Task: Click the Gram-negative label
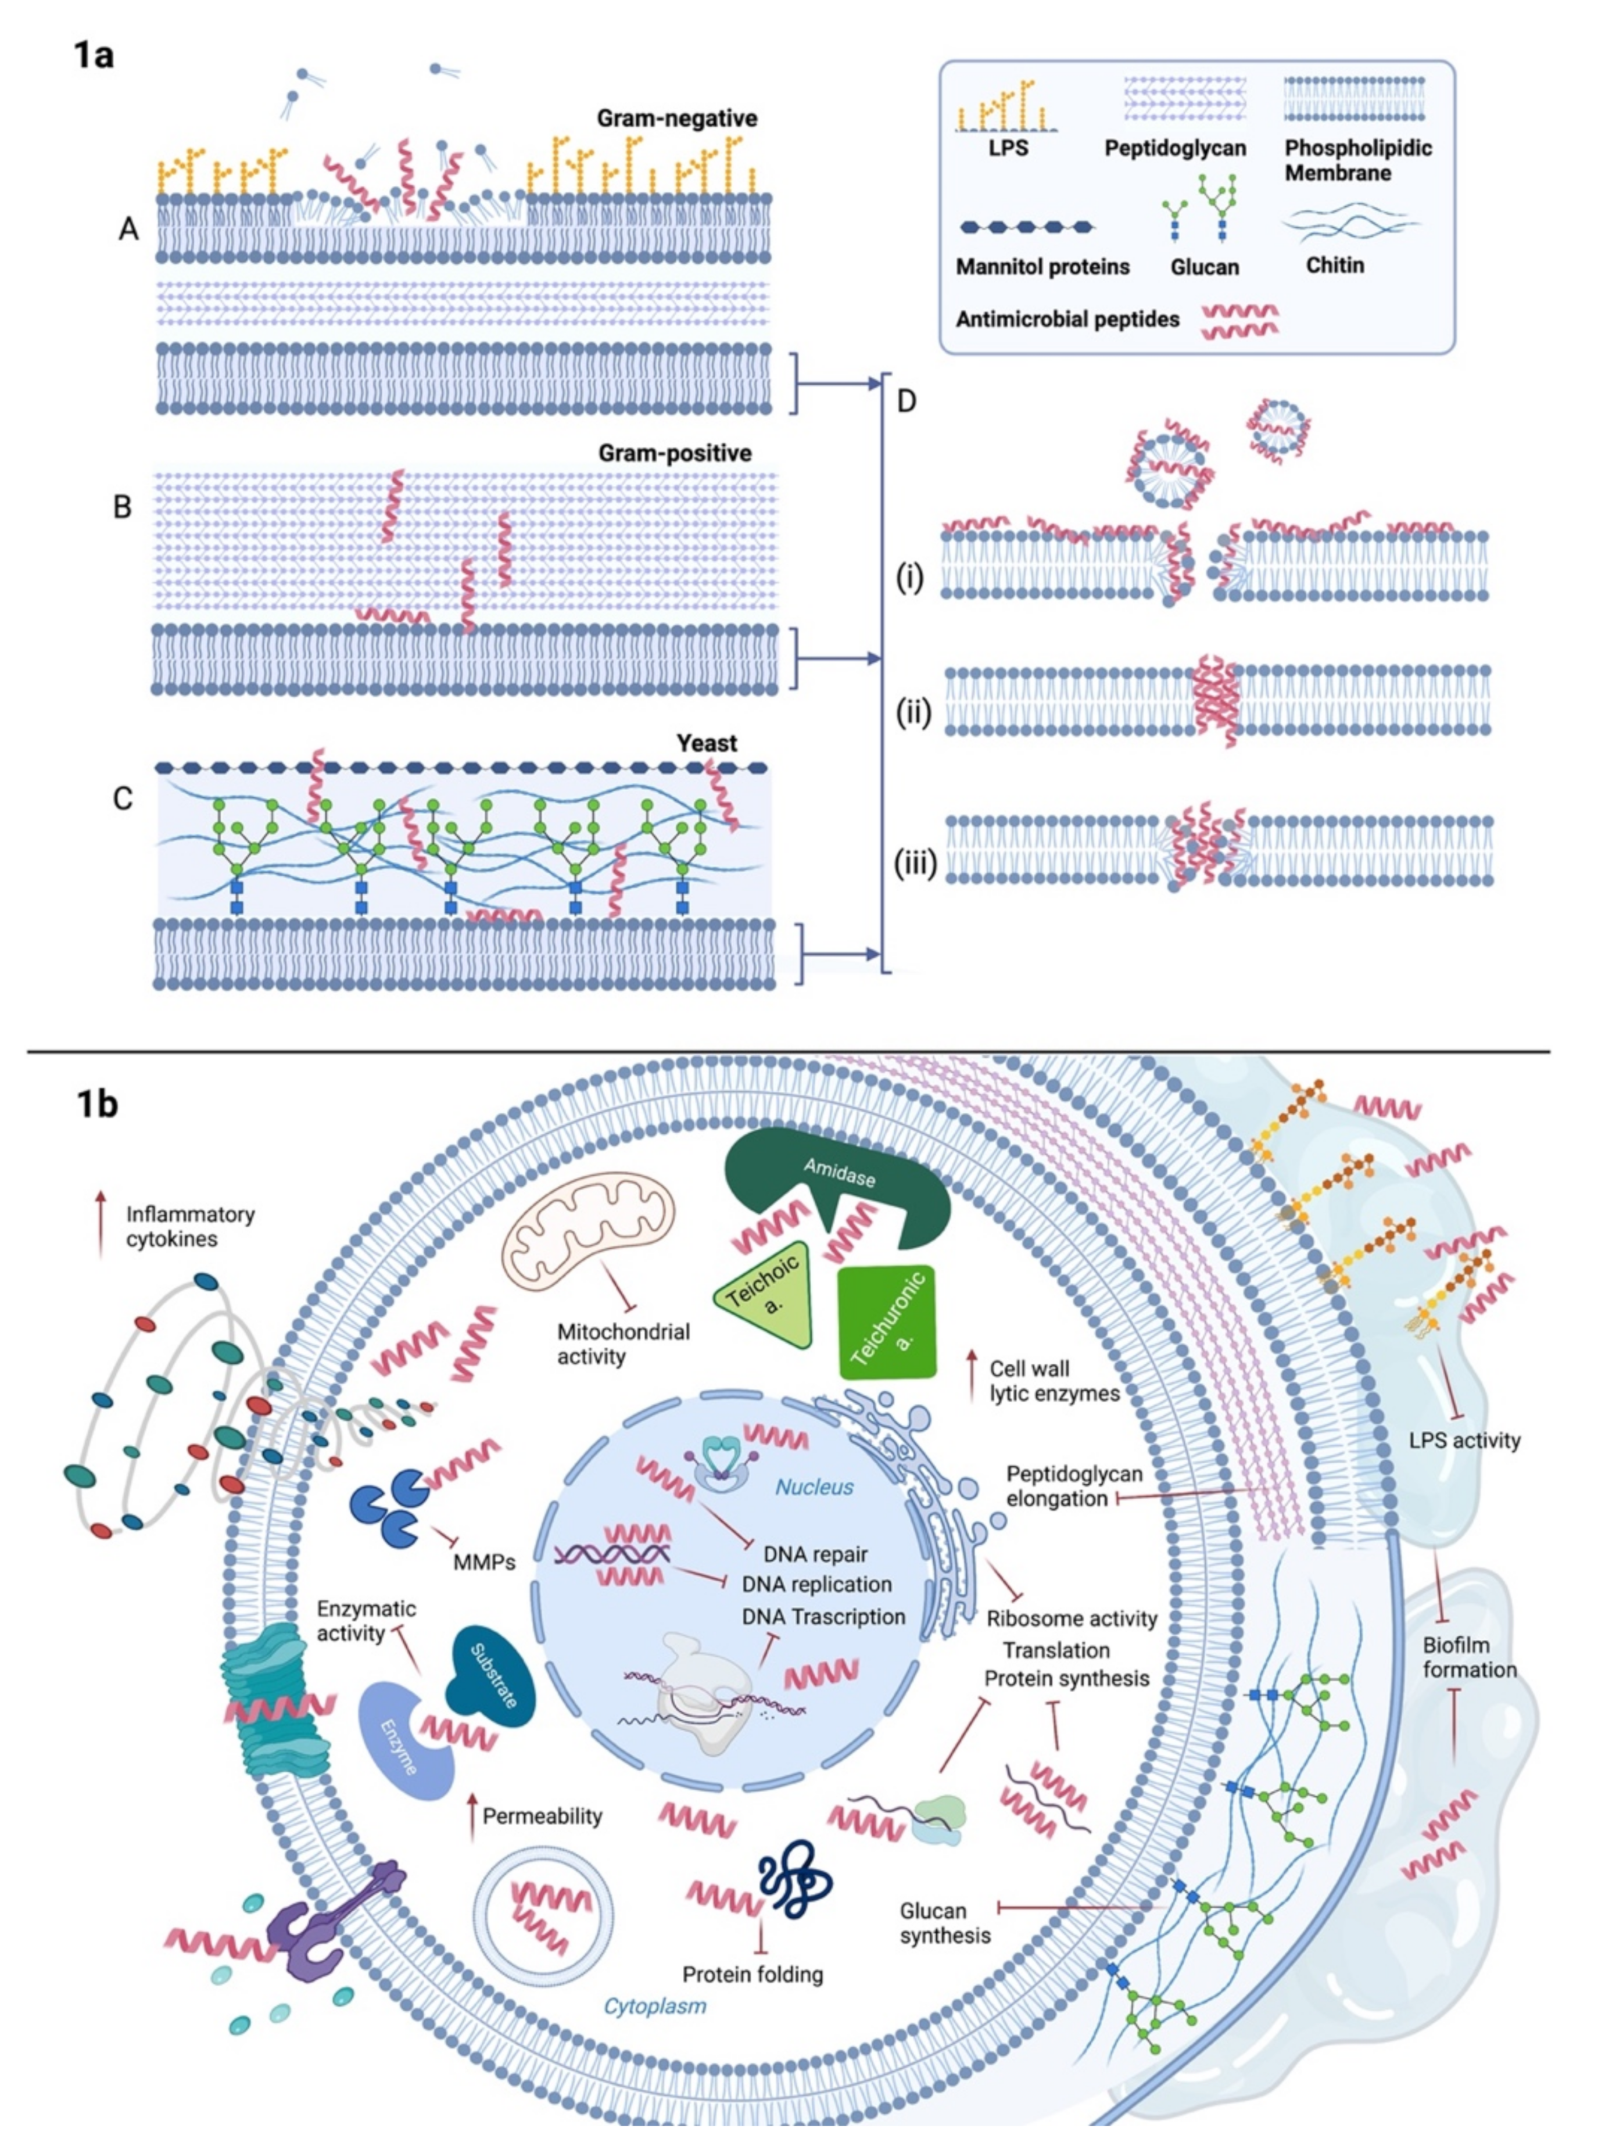point(676,119)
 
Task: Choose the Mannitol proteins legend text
point(1042,266)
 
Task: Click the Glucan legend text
point(1204,267)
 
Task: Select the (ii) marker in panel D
point(911,713)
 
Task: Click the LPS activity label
point(1464,1440)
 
